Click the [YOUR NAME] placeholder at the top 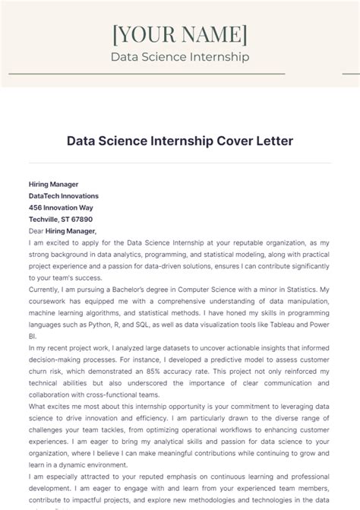coord(179,35)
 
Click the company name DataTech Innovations coord(63,195)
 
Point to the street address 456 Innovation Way coord(61,207)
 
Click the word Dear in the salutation coord(36,230)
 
